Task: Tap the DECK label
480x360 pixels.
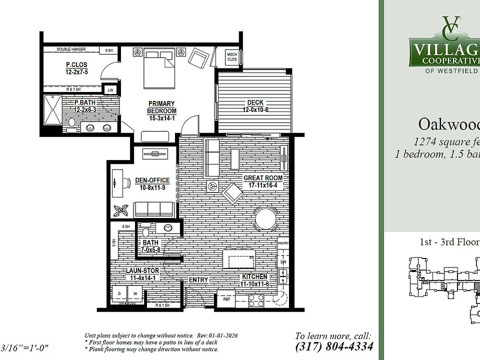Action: coord(252,106)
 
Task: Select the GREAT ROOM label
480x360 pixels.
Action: coord(262,181)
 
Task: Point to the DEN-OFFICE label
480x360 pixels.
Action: coord(152,184)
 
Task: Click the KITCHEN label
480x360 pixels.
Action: coord(254,280)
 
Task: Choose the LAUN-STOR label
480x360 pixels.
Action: coord(142,274)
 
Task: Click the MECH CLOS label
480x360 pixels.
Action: coord(232,56)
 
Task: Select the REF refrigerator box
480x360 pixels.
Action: coord(226,299)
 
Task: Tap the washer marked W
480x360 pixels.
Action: coord(134,293)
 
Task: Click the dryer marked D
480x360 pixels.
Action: coord(119,293)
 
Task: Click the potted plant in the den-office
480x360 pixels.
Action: coord(120,210)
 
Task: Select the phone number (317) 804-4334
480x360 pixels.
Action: coord(333,346)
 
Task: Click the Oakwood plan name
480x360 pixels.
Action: coord(447,123)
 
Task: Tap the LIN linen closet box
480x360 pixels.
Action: coord(110,90)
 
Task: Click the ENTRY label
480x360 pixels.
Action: coord(198,280)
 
